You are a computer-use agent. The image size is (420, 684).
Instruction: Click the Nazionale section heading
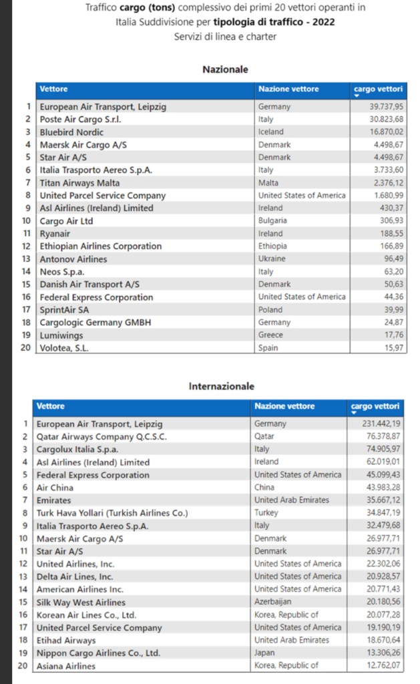pyautogui.click(x=225, y=69)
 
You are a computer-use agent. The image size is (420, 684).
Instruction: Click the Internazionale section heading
pyautogui.click(x=221, y=386)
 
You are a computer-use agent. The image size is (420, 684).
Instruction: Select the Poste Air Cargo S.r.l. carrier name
pyautogui.click(x=80, y=119)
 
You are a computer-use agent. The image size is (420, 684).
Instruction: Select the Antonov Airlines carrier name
pyautogui.click(x=73, y=259)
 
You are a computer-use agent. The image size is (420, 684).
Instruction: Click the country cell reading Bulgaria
pyautogui.click(x=272, y=220)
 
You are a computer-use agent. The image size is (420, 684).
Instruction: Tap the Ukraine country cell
pyautogui.click(x=272, y=259)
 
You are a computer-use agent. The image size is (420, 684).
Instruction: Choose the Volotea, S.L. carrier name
pyautogui.click(x=64, y=348)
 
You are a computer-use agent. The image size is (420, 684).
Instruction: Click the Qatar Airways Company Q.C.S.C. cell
pyautogui.click(x=101, y=436)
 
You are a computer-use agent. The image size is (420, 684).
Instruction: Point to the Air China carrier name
pyautogui.click(x=55, y=488)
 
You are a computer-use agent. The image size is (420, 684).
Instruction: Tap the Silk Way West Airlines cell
pyautogui.click(x=81, y=602)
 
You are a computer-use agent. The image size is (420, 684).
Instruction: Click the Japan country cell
pyautogui.click(x=265, y=653)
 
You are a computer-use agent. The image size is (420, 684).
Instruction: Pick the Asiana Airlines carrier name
pyautogui.click(x=65, y=666)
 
